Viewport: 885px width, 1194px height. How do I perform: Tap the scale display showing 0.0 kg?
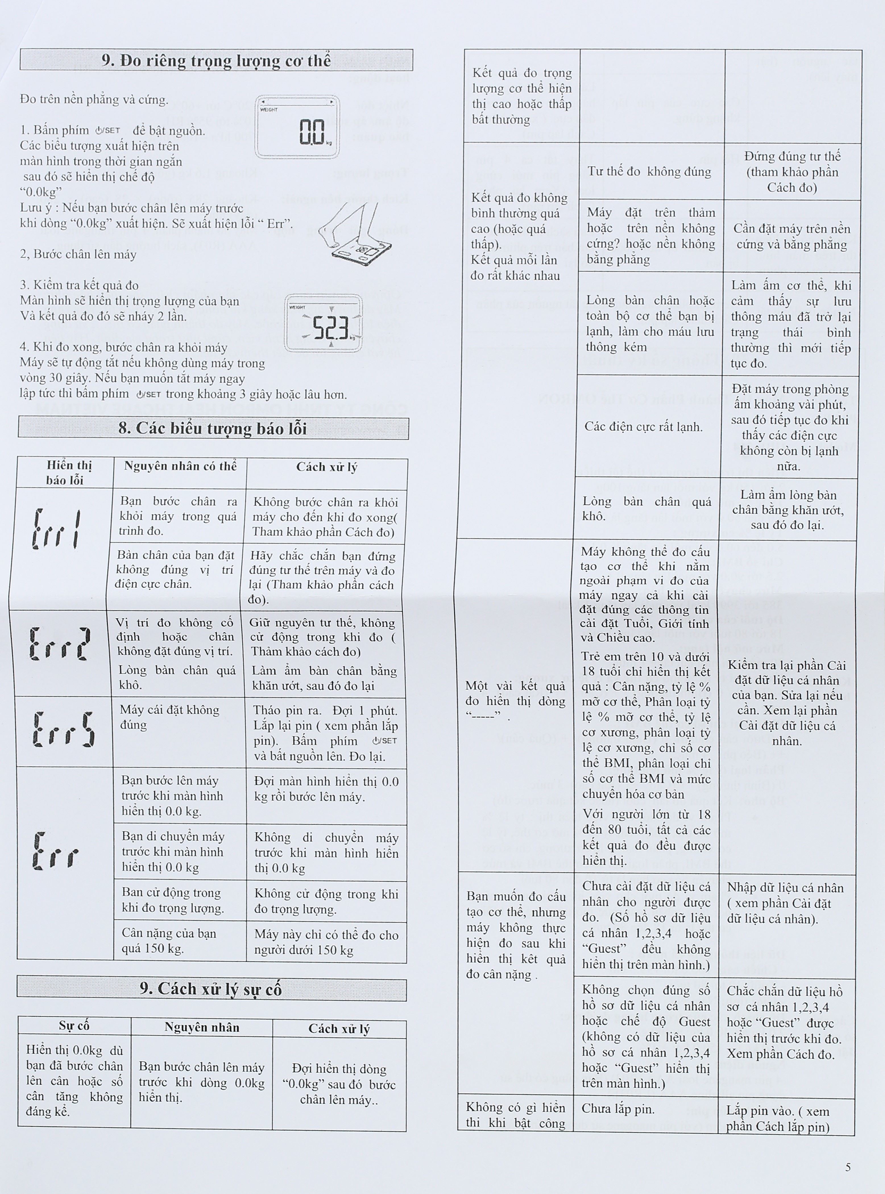(x=297, y=127)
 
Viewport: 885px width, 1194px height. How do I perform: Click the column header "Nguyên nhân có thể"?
(x=180, y=466)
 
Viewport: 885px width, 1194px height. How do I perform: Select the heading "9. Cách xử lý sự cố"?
(x=211, y=989)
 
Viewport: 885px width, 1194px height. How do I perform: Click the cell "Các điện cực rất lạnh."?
(x=643, y=427)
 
